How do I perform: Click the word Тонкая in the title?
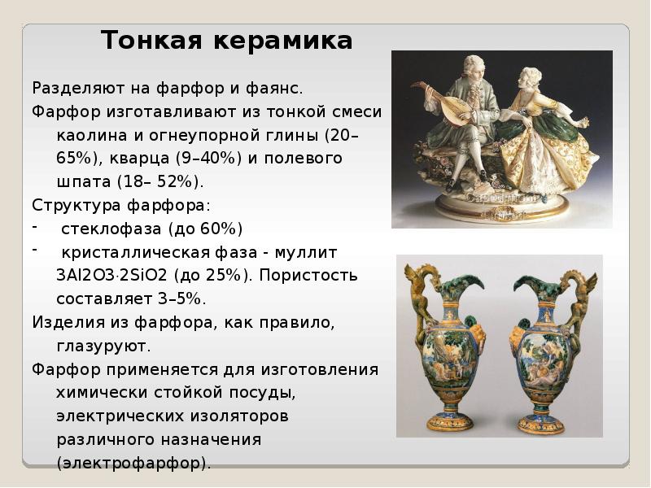click(151, 41)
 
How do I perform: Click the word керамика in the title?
click(283, 41)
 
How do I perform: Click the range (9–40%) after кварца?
click(209, 159)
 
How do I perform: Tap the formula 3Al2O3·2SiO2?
click(111, 276)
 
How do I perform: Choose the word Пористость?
click(309, 277)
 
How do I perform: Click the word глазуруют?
click(101, 347)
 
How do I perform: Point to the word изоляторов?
click(239, 416)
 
